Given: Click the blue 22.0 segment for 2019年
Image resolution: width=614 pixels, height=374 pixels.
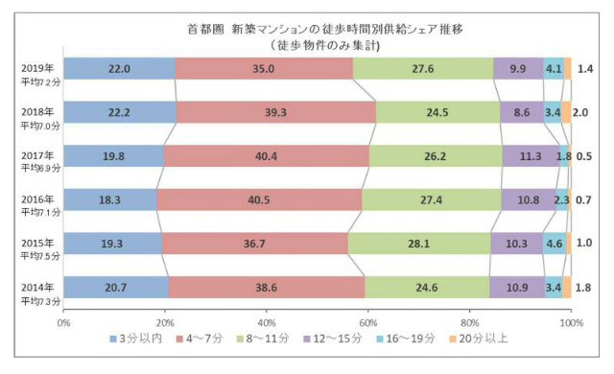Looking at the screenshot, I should (120, 68).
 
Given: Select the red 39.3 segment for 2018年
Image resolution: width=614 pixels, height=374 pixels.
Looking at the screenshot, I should (276, 112).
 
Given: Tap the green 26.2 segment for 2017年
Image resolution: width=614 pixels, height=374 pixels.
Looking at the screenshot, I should (435, 155).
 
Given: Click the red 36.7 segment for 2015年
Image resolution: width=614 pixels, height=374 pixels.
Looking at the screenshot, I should (254, 244).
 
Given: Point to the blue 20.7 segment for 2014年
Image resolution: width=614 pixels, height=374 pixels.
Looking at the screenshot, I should (116, 287).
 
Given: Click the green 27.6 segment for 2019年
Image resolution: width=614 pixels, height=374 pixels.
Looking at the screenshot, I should (423, 68).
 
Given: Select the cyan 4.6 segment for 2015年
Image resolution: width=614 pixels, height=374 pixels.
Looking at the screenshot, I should (554, 244).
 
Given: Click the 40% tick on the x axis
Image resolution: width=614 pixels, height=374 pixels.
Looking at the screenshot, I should (267, 321).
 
